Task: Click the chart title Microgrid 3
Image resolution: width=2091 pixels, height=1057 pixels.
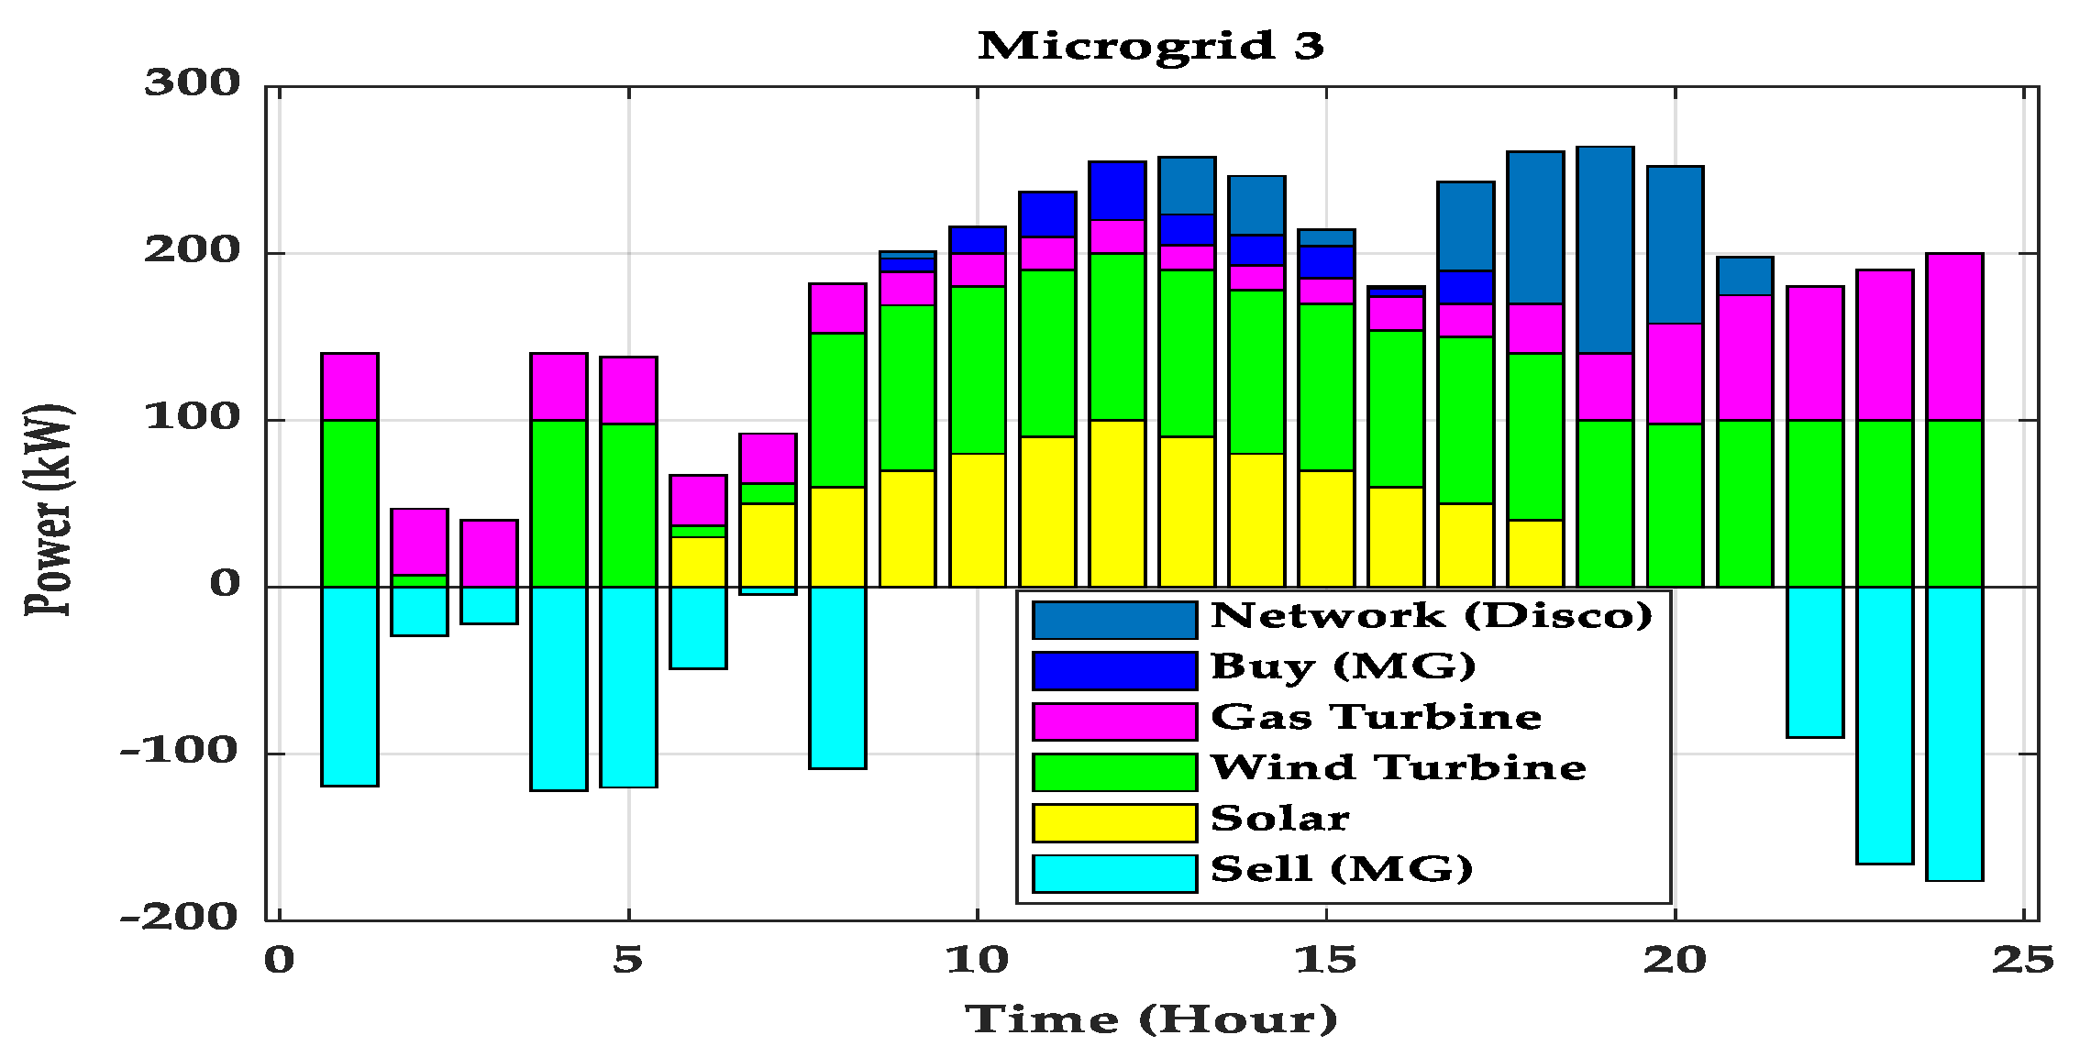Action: tap(1151, 46)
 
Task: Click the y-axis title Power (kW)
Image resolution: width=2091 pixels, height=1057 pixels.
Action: tap(48, 510)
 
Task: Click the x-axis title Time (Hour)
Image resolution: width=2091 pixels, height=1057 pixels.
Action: tap(1151, 1018)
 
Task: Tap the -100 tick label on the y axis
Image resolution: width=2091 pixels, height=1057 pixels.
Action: tap(180, 751)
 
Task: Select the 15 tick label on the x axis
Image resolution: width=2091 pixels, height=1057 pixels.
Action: tap(1325, 960)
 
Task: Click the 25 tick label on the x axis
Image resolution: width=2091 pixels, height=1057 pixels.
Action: tap(2022, 960)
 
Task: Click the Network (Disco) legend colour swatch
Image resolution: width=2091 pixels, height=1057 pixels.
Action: tap(1114, 620)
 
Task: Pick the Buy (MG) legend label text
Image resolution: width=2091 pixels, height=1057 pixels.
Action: tap(1343, 666)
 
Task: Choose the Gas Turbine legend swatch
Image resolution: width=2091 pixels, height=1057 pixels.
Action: tap(1114, 721)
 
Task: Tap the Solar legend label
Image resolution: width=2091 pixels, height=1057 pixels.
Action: tap(1280, 819)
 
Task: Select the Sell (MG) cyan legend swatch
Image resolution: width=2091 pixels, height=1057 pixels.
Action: tap(1114, 874)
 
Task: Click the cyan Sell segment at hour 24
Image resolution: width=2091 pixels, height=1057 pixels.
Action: tap(1954, 733)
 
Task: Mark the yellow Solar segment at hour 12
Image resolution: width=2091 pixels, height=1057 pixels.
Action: tap(1117, 503)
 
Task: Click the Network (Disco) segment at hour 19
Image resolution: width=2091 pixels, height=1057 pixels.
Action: tap(1605, 249)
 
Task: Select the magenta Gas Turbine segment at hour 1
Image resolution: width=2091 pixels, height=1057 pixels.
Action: tap(349, 386)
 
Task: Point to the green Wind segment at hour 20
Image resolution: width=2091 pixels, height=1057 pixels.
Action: tap(1675, 504)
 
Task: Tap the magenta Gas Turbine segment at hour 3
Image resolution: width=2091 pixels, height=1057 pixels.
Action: tap(489, 553)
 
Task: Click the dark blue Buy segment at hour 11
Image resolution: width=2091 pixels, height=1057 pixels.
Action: tap(1047, 215)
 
